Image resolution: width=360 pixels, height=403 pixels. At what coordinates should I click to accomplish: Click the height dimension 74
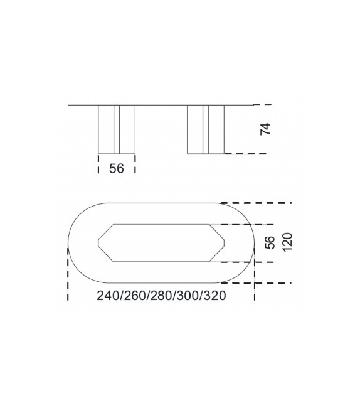[265, 129]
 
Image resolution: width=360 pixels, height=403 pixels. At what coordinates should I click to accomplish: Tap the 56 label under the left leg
[117, 169]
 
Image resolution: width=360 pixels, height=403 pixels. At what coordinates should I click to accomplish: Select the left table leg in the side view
[117, 129]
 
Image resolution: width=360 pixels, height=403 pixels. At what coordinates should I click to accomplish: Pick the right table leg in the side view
[206, 129]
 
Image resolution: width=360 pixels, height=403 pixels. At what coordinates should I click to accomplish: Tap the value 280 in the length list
[161, 296]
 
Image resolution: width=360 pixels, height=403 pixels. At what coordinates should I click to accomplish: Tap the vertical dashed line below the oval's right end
[254, 276]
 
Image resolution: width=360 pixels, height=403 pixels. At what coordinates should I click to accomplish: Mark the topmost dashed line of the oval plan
[257, 203]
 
